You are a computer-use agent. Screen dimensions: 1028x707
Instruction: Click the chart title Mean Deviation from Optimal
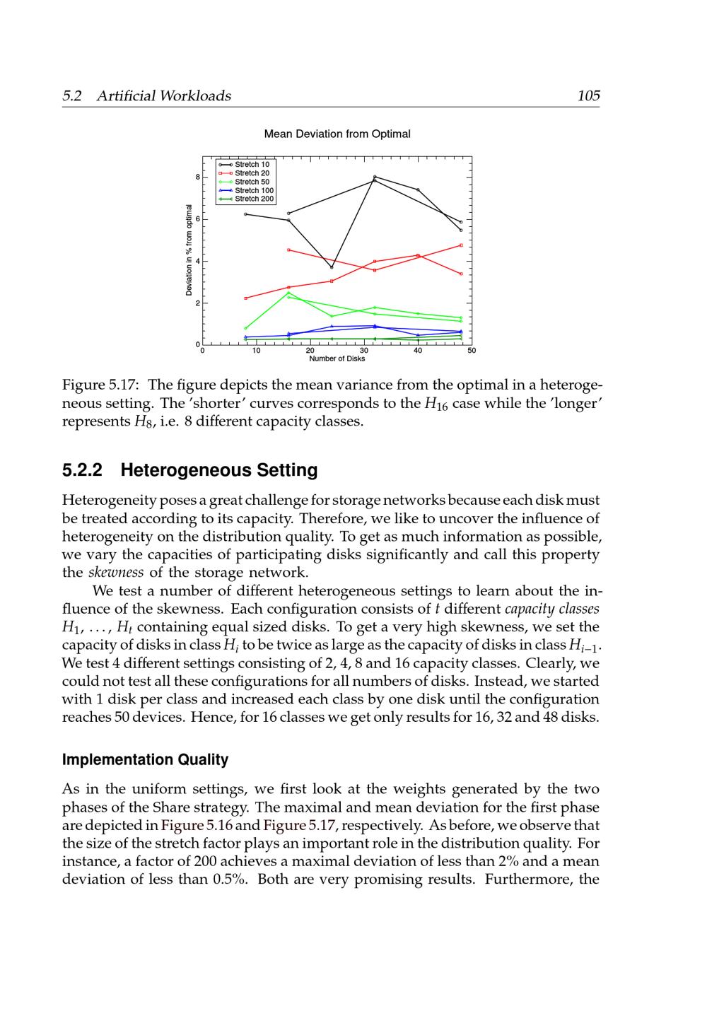pos(337,134)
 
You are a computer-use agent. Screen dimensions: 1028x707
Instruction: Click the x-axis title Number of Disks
pos(337,358)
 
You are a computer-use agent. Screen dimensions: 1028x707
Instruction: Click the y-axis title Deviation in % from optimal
pos(189,250)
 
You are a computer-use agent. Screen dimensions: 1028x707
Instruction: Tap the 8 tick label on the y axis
pos(197,177)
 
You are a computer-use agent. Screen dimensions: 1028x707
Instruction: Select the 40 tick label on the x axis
pos(418,350)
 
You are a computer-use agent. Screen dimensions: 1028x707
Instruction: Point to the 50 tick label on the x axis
pos(472,350)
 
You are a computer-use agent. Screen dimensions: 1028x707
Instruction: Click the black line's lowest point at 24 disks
pos(332,267)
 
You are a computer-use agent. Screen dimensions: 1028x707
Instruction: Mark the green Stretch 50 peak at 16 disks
pos(288,293)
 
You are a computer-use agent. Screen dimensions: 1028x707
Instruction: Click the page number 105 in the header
pos(588,95)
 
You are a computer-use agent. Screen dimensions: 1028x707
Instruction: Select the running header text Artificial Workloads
pos(163,95)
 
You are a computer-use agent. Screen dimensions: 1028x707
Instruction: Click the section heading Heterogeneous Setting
pos(219,470)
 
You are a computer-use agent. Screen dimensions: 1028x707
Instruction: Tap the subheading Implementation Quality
pos(146,760)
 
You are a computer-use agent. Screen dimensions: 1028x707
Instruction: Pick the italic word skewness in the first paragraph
pos(115,572)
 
